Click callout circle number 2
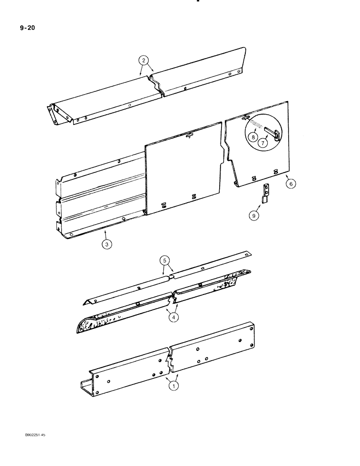pos(145,60)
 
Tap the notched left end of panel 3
pos(59,205)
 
